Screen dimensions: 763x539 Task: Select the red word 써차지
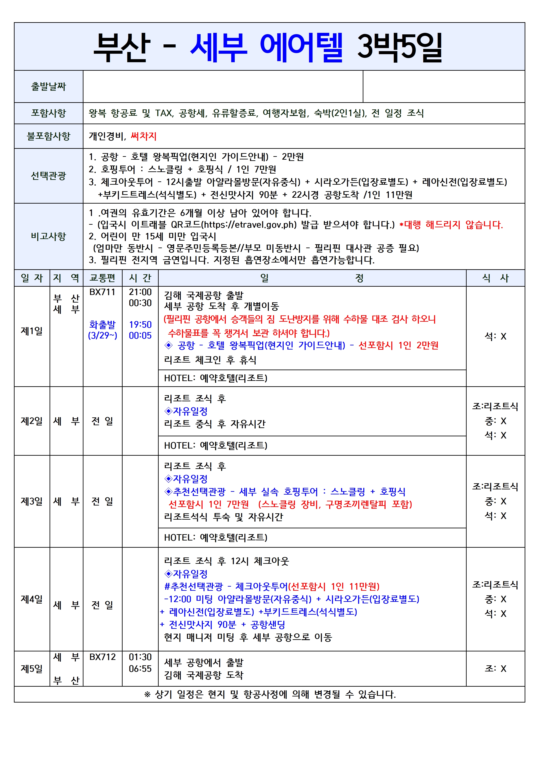coord(143,136)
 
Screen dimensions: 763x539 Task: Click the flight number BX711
coord(102,292)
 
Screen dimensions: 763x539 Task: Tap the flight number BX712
coord(102,657)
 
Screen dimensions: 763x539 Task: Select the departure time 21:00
coord(140,292)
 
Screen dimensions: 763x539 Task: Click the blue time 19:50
coord(140,325)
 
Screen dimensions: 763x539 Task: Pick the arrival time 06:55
coord(140,669)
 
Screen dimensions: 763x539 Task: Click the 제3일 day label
coord(32,501)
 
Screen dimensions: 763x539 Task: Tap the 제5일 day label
coord(32,669)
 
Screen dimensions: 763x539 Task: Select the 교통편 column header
coord(102,278)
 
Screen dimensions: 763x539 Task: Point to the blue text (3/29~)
coord(102,336)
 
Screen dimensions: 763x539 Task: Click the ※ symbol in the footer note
coord(147,694)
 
